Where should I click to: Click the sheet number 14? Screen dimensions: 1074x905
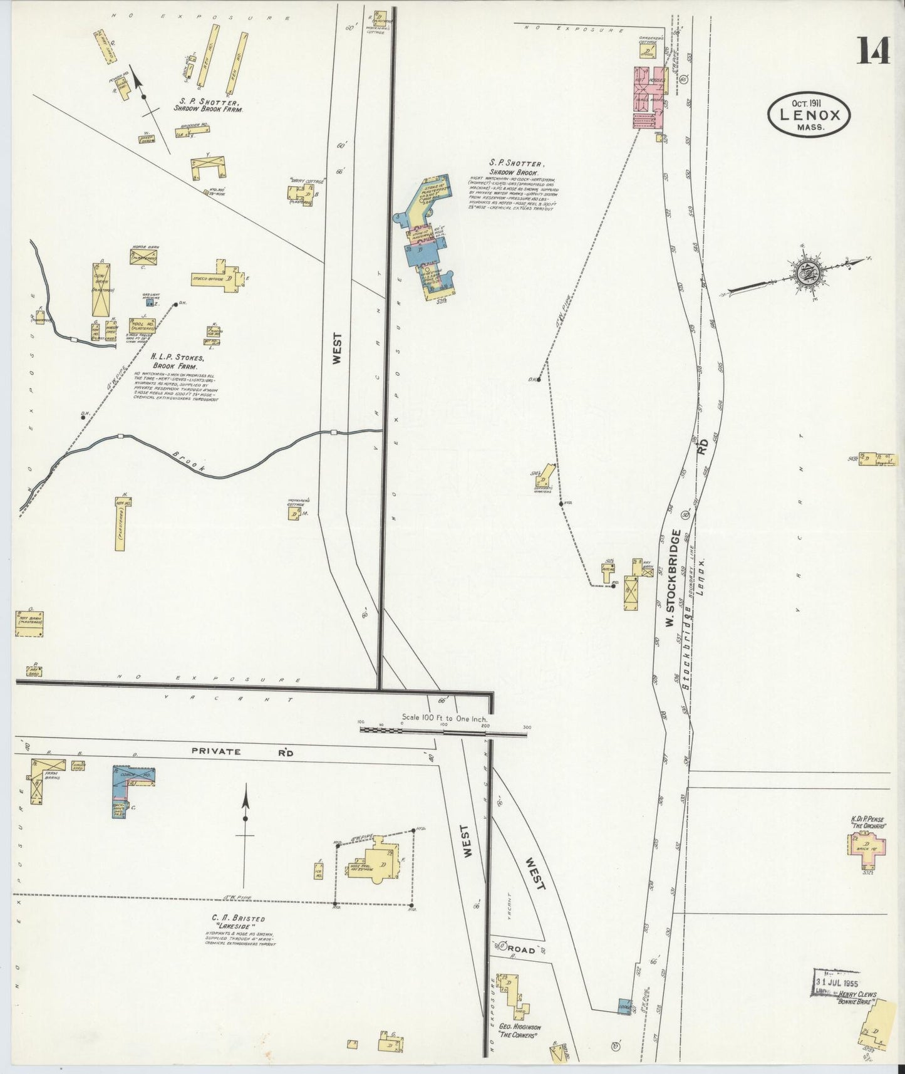point(874,50)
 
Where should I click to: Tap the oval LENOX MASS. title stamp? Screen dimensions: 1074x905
point(809,114)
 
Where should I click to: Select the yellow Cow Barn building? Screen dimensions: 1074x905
point(102,289)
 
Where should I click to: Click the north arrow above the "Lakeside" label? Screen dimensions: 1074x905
point(246,808)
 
